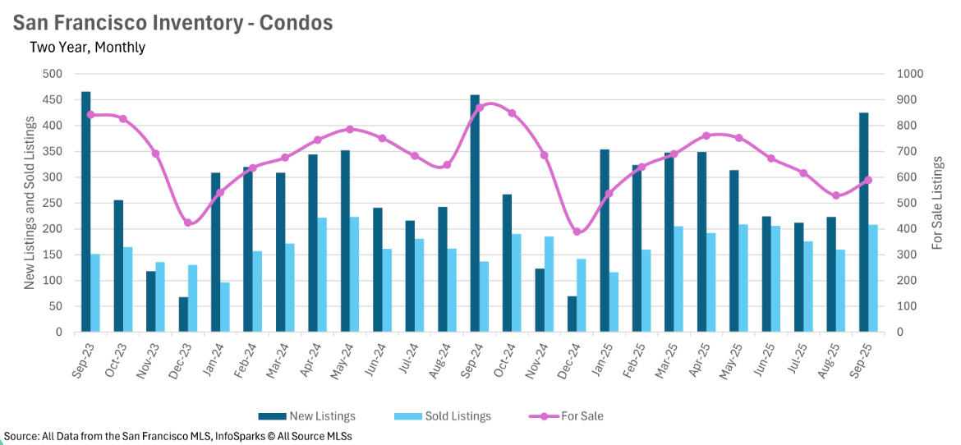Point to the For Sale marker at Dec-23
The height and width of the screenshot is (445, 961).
coord(188,222)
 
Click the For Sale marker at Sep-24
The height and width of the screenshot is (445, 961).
coord(480,108)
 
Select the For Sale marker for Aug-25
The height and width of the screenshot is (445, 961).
coord(836,195)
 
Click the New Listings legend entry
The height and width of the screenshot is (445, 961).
coord(307,416)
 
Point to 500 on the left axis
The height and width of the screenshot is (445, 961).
coord(53,74)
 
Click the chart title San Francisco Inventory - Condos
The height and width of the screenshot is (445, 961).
coord(172,22)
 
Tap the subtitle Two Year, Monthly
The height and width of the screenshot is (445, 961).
coord(87,47)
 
